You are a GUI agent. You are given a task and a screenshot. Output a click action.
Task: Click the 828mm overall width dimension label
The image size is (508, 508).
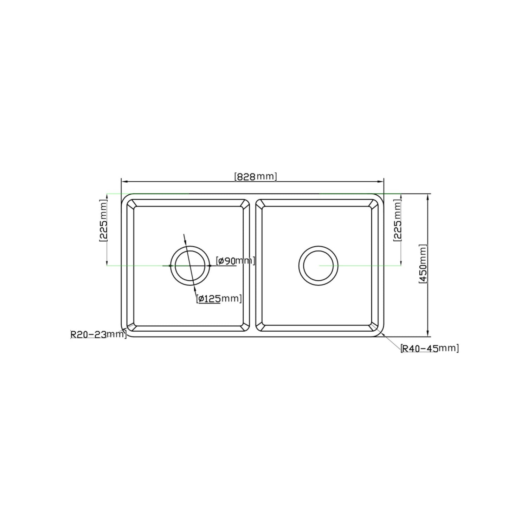coord(256,176)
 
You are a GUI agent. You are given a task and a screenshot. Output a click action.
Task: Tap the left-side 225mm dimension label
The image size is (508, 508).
coord(103,220)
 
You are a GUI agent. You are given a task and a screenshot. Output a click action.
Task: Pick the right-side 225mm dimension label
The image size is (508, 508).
coord(397,220)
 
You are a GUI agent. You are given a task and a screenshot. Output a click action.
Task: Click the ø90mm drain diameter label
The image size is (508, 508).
coord(236,261)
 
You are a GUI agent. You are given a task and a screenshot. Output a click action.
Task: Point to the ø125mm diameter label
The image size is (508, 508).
coord(219,299)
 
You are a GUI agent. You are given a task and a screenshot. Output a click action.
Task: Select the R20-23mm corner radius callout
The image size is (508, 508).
coord(98,334)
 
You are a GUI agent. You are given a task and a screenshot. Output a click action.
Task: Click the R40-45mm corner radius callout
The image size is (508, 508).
coord(430,348)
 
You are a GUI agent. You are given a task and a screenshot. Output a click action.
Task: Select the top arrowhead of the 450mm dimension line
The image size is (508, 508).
coord(427,196)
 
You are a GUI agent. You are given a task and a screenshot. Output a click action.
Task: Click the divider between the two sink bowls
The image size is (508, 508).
coord(253,266)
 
